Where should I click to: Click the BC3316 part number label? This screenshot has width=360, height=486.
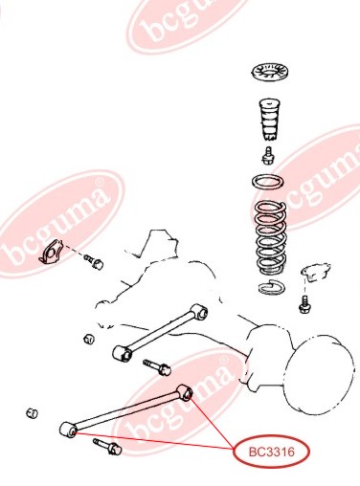pyautogui.click(x=272, y=452)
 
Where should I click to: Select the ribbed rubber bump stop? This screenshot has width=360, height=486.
pyautogui.click(x=270, y=120)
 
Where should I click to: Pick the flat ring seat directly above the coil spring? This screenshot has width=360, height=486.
pyautogui.click(x=268, y=183)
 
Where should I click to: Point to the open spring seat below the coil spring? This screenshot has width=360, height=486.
pyautogui.click(x=272, y=286)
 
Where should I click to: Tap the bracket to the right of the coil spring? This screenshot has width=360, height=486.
pyautogui.click(x=315, y=272)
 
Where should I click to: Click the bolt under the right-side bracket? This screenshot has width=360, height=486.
pyautogui.click(x=305, y=304)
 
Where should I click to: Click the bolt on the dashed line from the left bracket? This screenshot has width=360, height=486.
pyautogui.click(x=94, y=262)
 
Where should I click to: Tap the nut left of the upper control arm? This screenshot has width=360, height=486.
pyautogui.click(x=89, y=339)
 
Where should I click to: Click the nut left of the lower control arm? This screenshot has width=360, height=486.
pyautogui.click(x=32, y=413)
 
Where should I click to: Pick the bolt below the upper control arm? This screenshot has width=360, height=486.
pyautogui.click(x=157, y=367)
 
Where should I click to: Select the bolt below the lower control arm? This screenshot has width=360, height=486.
pyautogui.click(x=107, y=447)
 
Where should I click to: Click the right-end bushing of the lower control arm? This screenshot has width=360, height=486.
pyautogui.click(x=185, y=393)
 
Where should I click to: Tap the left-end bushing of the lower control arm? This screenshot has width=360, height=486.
pyautogui.click(x=68, y=430)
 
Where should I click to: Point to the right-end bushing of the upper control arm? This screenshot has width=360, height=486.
pyautogui.click(x=199, y=312)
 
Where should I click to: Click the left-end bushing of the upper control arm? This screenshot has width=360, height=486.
pyautogui.click(x=123, y=354)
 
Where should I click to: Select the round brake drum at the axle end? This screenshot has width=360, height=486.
pyautogui.click(x=319, y=374)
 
